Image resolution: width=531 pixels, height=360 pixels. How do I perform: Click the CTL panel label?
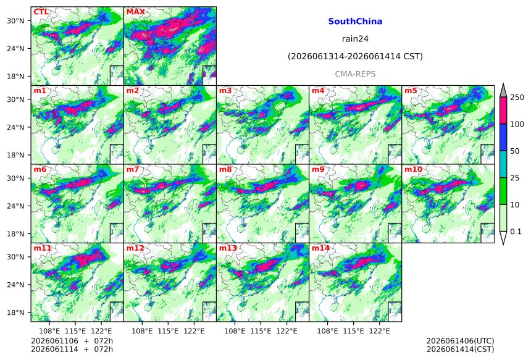(41, 12)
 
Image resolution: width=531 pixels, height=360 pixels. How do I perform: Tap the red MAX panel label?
(135, 12)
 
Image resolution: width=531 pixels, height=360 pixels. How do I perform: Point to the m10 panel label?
(413, 169)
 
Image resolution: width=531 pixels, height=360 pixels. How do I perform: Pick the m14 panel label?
(320, 248)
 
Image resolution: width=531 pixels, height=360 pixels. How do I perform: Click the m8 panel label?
(225, 169)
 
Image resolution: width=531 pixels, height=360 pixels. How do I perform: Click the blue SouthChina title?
(355, 22)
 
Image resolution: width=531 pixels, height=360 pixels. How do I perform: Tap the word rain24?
(355, 39)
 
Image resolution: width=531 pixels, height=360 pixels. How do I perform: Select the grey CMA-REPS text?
(355, 74)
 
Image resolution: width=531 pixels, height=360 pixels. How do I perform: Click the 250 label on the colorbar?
(517, 98)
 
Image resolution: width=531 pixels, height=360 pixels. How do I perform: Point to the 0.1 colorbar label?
(516, 232)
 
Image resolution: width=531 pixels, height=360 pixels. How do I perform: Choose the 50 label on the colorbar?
(515, 151)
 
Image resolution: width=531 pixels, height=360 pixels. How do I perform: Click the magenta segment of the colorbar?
(503, 111)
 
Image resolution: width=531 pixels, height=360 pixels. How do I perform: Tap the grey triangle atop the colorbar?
(503, 91)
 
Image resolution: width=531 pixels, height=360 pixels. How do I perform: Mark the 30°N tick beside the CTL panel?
(15, 21)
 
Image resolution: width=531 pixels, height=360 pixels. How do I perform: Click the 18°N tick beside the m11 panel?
(15, 312)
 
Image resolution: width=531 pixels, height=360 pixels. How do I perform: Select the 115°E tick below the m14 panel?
(353, 331)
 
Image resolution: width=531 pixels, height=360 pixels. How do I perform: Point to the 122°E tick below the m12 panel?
(194, 331)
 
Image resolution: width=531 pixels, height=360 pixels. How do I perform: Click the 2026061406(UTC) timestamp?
(460, 341)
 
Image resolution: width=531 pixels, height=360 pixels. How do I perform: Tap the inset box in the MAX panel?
(209, 75)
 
